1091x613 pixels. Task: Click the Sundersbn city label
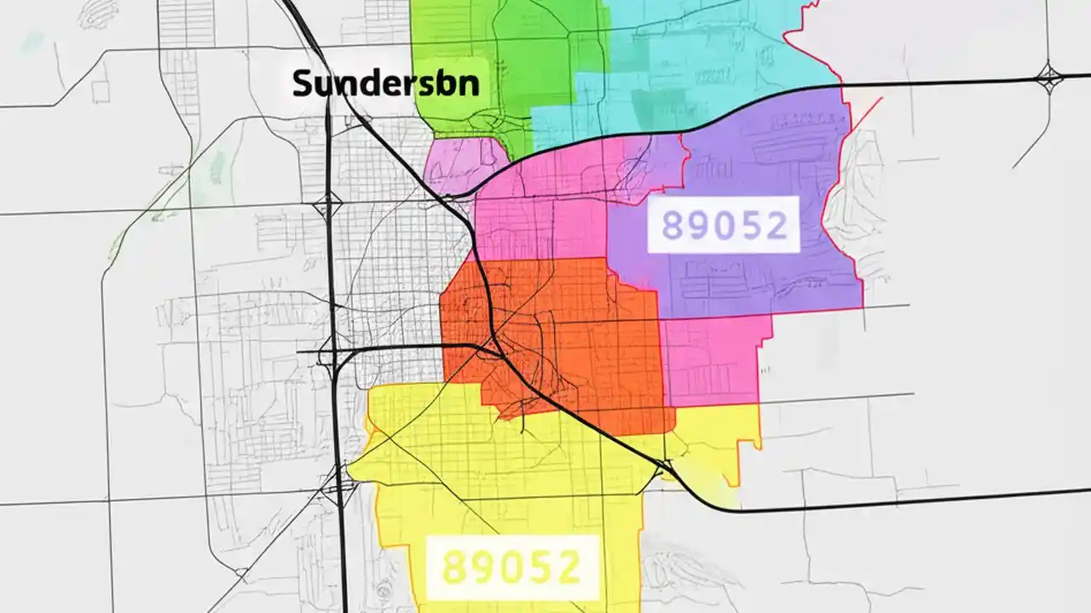point(385,83)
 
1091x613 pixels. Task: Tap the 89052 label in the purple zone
point(724,225)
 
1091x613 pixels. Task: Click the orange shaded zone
point(580,341)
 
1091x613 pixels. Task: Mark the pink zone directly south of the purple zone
point(712,358)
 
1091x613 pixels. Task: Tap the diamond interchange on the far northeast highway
point(1048,78)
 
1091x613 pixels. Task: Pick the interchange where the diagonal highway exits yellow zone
point(665,467)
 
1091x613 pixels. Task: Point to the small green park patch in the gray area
point(217,166)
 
